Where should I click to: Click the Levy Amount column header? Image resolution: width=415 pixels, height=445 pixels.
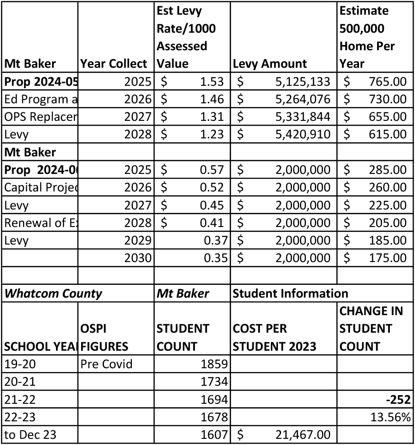point(270,64)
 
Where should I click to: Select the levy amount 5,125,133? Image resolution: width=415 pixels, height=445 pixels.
point(303,82)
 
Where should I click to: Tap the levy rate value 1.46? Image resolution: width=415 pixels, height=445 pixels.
point(212,99)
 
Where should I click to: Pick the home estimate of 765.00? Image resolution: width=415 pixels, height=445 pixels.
point(387,82)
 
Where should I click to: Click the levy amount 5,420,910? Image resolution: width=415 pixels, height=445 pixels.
point(303,135)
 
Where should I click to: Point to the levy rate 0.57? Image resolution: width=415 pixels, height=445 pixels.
point(212,170)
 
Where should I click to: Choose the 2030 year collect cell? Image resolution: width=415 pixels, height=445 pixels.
point(138,258)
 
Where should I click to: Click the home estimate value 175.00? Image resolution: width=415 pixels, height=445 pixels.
point(387,258)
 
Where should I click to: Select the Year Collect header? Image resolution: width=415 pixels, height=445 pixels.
point(114,64)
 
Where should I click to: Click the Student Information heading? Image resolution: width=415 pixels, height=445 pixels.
point(290,293)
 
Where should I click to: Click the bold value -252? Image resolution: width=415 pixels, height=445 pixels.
point(398,400)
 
